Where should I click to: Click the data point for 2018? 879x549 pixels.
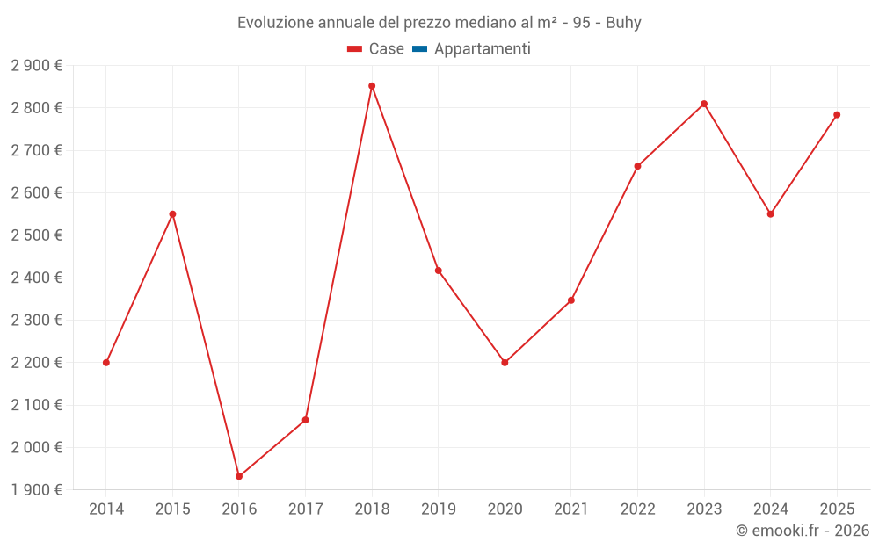[x=372, y=86]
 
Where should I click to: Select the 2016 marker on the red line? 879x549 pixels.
[x=239, y=476]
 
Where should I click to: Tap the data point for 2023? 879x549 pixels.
[x=704, y=104]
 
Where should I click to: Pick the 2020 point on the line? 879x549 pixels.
[x=505, y=363]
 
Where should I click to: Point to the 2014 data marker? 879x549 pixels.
[x=106, y=363]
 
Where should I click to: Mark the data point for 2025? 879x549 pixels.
[x=837, y=115]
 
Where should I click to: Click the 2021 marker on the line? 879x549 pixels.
[x=571, y=300]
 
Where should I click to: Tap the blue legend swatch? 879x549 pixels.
[x=419, y=49]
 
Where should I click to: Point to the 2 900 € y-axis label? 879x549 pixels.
[x=36, y=66]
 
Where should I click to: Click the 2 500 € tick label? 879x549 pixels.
[x=36, y=235]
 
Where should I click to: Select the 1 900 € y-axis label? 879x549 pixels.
[x=36, y=490]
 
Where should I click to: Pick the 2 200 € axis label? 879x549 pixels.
[x=36, y=363]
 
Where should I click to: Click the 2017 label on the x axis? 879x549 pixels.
[x=305, y=509]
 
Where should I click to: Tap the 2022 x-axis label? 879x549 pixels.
[x=637, y=509]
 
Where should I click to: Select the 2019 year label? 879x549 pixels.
[x=438, y=509]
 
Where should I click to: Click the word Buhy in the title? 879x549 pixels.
[x=623, y=23]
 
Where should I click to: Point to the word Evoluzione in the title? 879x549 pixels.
[x=273, y=23]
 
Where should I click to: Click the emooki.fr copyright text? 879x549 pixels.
[x=803, y=531]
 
